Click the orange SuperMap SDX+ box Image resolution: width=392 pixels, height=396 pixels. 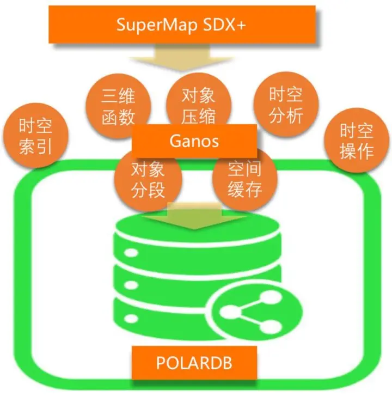(182, 25)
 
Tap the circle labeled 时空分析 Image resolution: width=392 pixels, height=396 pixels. (286, 103)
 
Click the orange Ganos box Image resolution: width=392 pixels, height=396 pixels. (194, 141)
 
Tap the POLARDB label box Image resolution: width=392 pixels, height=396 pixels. (195, 362)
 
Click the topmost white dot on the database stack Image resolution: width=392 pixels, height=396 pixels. (131, 254)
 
